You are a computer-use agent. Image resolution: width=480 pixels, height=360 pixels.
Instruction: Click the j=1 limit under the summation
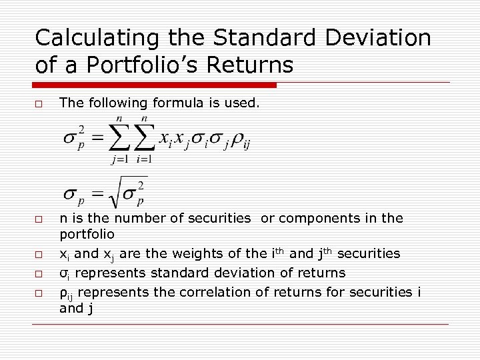point(119,159)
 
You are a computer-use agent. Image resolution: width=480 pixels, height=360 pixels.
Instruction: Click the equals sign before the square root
point(98,194)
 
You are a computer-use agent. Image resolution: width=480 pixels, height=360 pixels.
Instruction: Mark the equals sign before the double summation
point(98,138)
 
